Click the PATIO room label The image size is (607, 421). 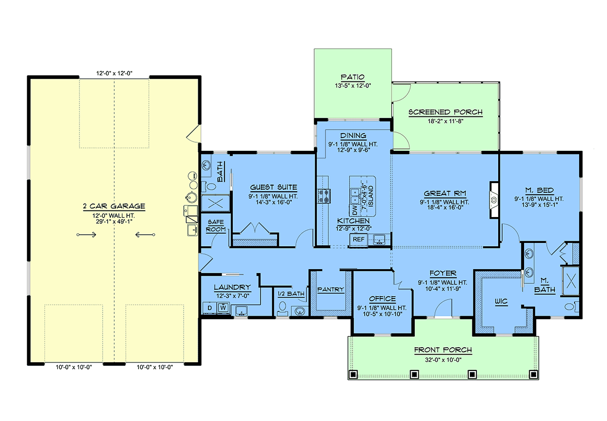coord(353,77)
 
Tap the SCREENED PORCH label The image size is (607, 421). coord(446,112)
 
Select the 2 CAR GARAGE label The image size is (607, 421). coord(114,206)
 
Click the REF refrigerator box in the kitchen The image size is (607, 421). coord(359,240)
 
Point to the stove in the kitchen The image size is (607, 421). coord(324,196)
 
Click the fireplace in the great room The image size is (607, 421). coord(494,200)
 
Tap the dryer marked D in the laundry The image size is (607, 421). coord(209,308)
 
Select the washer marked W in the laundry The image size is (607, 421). coord(223,308)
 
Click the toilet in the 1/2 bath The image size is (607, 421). coord(283,309)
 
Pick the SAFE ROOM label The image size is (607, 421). coord(215,226)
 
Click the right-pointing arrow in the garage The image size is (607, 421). coord(86,235)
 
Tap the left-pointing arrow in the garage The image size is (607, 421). coord(145,235)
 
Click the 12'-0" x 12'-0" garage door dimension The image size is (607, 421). coord(114,73)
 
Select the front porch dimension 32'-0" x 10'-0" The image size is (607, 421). coord(443,360)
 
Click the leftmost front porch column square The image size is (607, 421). coord(353,374)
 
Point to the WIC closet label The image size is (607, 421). coord(501,301)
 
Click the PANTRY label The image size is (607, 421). coord(331,289)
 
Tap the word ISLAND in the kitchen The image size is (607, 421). coord(371,196)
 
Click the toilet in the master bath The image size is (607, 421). coord(572,307)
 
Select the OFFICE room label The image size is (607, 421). coord(382,299)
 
